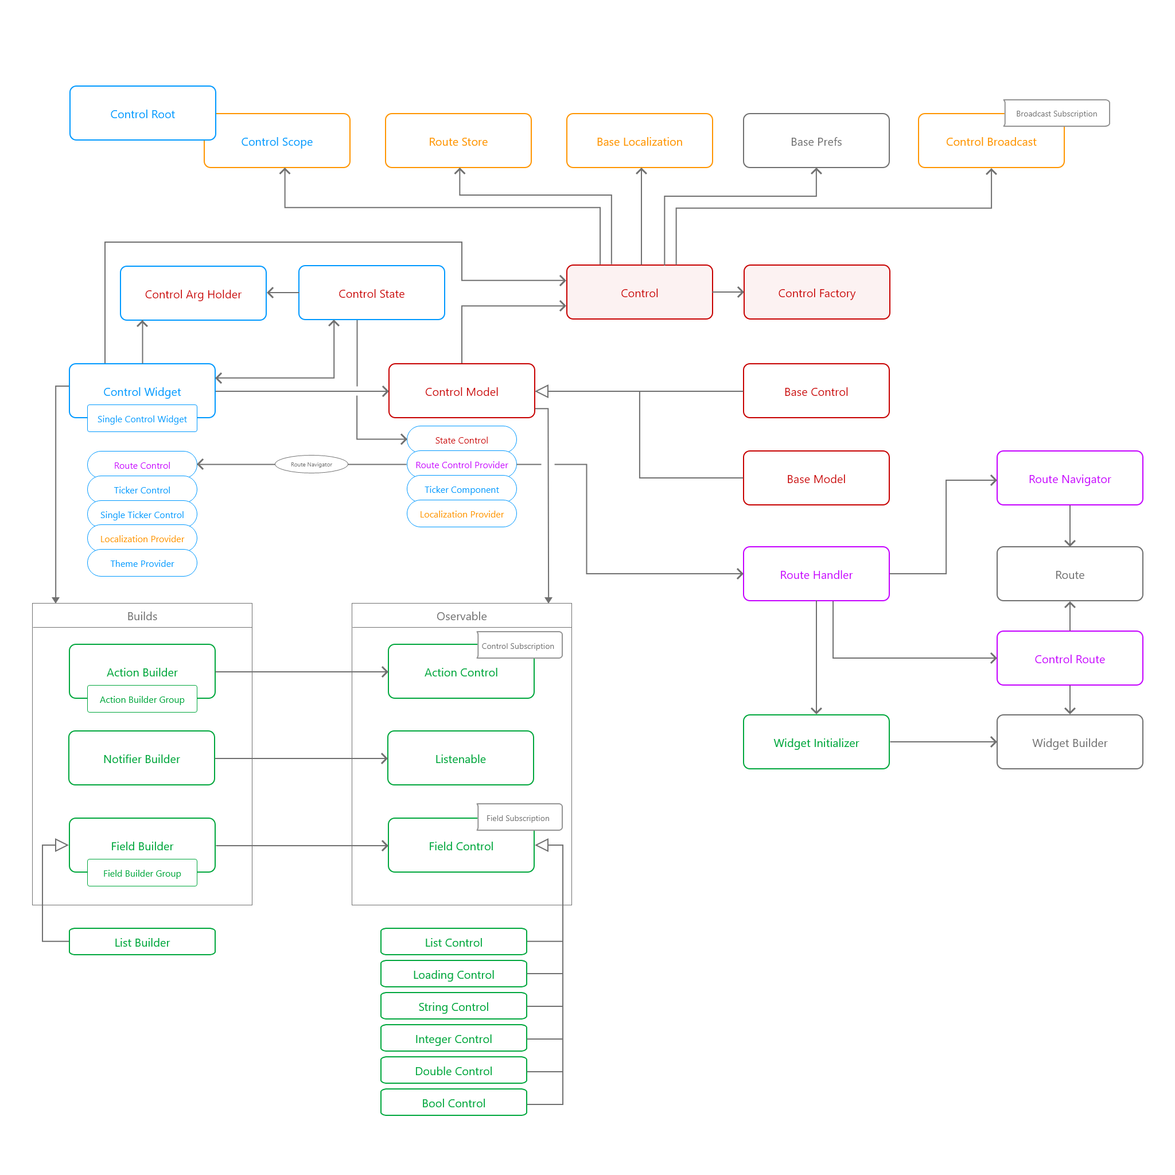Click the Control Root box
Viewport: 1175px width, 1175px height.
pos(142,113)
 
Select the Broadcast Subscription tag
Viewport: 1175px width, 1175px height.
pos(1056,113)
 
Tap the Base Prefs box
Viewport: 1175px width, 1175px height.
pos(816,141)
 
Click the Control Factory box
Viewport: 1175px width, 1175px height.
pos(816,293)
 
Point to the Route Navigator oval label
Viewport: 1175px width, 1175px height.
pos(311,464)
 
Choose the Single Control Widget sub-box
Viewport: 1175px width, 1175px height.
pos(142,418)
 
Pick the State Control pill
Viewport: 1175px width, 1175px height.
pos(461,439)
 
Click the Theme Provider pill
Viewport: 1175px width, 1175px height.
pos(142,563)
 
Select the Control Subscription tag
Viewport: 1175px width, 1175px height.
pos(518,645)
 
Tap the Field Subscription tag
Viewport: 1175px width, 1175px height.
pos(518,818)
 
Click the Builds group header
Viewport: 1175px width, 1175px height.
pos(142,616)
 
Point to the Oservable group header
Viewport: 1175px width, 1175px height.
pos(461,616)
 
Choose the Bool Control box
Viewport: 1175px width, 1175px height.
pos(453,1103)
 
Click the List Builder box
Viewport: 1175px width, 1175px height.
pos(142,942)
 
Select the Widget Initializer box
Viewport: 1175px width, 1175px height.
pos(816,742)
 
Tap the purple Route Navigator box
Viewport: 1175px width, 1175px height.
pos(1069,478)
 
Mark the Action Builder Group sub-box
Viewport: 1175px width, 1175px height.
pos(142,699)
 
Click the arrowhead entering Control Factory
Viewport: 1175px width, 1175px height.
pos(740,292)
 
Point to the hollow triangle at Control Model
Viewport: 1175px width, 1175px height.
pos(542,391)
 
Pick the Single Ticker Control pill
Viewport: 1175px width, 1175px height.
pos(142,515)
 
